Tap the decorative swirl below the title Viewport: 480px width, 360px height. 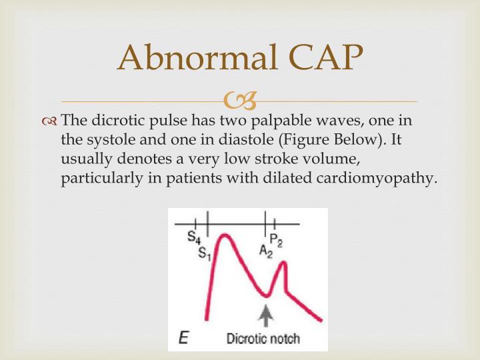[x=239, y=102]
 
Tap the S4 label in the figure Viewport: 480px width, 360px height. [x=193, y=237]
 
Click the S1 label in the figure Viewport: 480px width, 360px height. [x=205, y=253]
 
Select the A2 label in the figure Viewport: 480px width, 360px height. [x=266, y=251]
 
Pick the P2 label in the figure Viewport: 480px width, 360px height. [x=276, y=240]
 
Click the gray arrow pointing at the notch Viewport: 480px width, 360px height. [x=266, y=315]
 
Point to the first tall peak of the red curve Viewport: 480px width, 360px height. [x=225, y=235]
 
